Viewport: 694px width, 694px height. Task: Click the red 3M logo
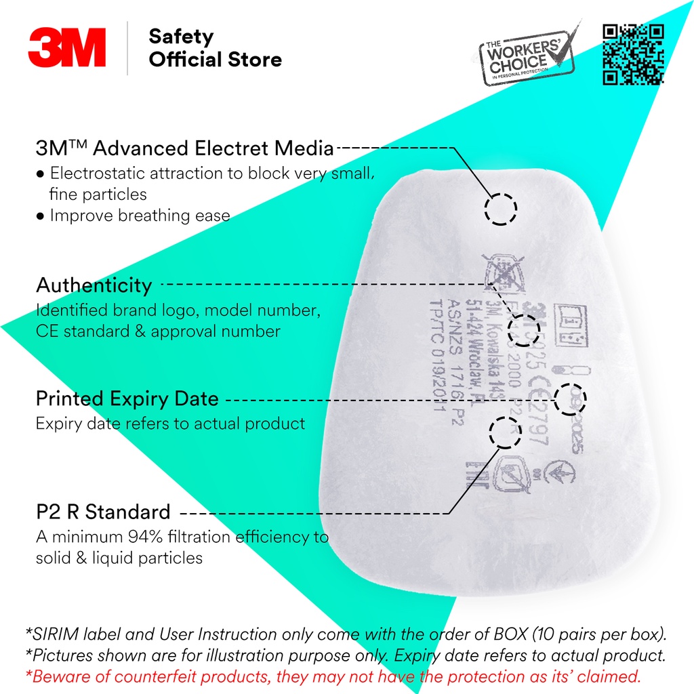(67, 47)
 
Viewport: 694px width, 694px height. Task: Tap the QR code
(633, 54)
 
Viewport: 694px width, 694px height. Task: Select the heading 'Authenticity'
(94, 285)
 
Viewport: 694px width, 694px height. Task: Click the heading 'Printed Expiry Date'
(127, 399)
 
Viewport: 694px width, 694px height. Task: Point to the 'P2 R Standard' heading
(103, 511)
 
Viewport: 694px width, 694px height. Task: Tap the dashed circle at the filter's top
(501, 208)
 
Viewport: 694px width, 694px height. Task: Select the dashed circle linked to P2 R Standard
(504, 432)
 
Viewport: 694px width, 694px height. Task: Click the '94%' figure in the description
(144, 537)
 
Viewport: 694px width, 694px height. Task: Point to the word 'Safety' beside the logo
(181, 37)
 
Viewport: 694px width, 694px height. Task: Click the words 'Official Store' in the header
(216, 60)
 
